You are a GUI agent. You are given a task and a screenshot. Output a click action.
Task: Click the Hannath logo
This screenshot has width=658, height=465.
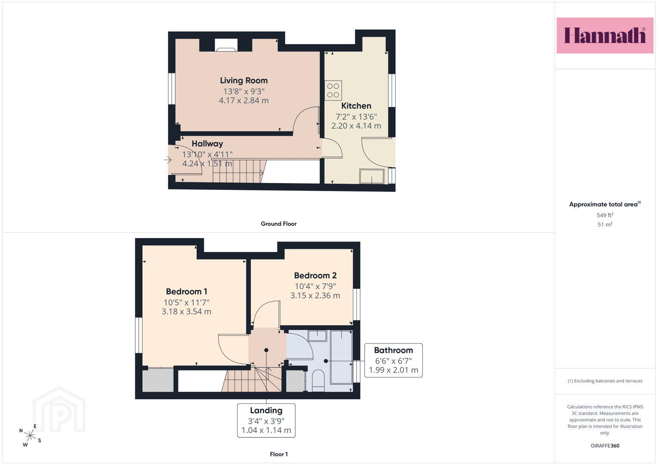pos(605,35)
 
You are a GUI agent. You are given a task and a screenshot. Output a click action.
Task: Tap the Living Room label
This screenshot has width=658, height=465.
pos(244,81)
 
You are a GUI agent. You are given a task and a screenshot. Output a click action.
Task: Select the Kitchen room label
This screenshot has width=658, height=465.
pos(356,105)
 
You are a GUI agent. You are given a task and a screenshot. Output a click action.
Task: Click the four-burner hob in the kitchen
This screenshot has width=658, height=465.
pos(333,90)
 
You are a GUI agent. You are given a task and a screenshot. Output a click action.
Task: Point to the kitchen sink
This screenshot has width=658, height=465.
pos(372,176)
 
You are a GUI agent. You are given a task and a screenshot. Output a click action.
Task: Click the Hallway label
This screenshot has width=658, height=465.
pos(207,143)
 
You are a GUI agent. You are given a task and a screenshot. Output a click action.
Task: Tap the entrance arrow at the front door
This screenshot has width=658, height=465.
pos(168,160)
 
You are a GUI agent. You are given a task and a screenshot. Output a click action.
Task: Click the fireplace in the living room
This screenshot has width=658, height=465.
pos(226,45)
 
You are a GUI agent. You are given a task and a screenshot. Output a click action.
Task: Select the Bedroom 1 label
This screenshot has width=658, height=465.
pos(187,291)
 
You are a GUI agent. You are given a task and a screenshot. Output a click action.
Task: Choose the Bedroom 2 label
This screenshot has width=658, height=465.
pos(315,276)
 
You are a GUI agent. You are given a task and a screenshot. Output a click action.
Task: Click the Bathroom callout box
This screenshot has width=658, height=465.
pos(393,360)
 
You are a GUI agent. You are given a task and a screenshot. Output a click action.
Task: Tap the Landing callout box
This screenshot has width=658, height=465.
pos(266,420)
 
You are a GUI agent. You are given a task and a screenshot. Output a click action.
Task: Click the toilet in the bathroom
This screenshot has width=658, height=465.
pos(318,381)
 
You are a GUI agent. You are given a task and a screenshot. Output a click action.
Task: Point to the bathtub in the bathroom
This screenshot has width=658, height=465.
pos(341,357)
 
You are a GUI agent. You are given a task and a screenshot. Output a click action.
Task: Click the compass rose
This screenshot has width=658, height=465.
pos(30,436)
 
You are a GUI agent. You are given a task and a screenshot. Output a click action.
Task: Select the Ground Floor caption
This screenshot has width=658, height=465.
pos(278,224)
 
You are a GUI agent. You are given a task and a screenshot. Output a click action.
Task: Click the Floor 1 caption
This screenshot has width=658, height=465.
pos(279,454)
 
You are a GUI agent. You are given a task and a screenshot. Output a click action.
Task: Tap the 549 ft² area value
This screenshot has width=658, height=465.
pos(605,215)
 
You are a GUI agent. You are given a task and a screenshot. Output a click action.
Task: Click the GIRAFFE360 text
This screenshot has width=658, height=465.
pos(605,446)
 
